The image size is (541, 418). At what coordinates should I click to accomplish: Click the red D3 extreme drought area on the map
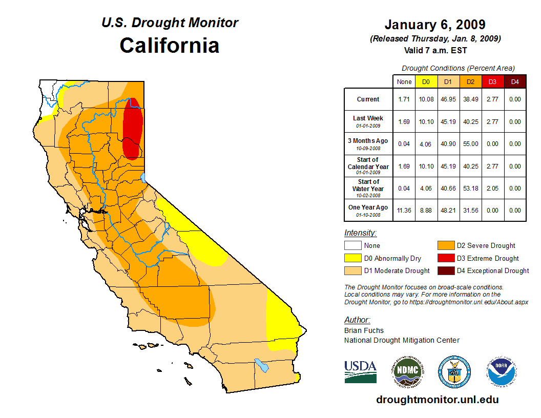click(133, 128)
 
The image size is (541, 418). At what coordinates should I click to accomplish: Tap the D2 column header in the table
click(470, 81)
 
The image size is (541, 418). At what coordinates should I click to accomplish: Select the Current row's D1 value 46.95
click(447, 99)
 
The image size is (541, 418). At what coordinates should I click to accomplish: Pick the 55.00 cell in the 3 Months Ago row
click(470, 144)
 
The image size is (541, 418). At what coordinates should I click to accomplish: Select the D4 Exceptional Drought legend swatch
click(445, 270)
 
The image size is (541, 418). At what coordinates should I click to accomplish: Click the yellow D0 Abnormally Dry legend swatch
click(352, 258)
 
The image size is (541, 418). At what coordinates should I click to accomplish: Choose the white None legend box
click(352, 246)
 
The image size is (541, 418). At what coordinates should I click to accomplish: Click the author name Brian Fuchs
click(364, 330)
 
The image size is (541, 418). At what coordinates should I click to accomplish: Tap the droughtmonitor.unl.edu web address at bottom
click(437, 400)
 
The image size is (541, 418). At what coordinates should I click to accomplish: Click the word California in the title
click(170, 45)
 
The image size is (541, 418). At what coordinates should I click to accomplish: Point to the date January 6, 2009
click(435, 25)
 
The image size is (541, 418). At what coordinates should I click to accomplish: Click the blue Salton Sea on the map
click(262, 366)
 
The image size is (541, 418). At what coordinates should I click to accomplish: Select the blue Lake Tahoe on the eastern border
click(144, 178)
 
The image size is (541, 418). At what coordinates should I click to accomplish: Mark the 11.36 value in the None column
click(404, 210)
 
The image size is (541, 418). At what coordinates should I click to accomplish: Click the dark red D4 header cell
click(515, 81)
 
